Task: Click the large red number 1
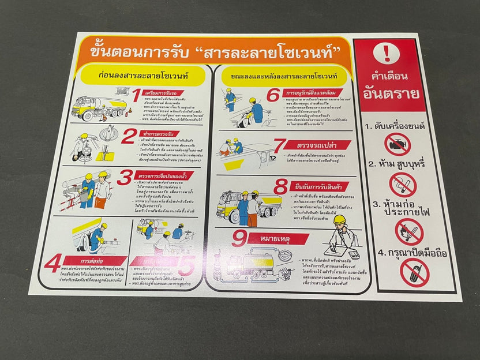136,95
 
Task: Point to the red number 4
53,264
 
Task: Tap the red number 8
281,187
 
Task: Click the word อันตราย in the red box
391,93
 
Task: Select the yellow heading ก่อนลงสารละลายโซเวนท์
142,75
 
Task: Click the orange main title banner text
213,51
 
